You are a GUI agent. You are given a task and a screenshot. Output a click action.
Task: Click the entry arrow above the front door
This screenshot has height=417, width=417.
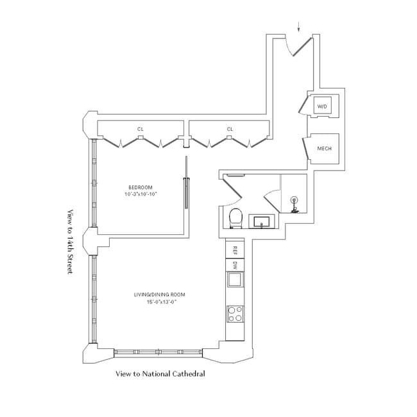point(298,27)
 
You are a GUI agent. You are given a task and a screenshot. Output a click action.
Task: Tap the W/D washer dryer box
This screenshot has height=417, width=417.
point(321,106)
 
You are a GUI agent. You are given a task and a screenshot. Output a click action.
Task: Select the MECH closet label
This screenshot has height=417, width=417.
point(324,149)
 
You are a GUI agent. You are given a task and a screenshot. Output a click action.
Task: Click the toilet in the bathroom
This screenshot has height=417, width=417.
point(235,217)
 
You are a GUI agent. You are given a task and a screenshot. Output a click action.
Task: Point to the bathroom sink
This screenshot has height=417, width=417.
point(261,222)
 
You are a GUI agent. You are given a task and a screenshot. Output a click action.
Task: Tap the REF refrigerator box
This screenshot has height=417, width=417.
point(235,250)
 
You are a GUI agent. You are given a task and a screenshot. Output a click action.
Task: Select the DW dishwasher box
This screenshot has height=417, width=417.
point(235,264)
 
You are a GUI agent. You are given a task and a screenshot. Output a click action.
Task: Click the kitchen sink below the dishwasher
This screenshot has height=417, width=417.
point(235,280)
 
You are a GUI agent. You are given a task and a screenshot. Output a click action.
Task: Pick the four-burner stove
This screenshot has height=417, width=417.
point(235,314)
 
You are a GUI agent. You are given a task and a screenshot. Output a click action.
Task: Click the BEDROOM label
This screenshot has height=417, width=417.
point(139,187)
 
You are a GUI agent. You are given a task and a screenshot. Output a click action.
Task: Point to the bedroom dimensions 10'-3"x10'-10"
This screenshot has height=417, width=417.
point(140,194)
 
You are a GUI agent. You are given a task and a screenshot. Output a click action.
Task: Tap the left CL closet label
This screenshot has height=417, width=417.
point(140,129)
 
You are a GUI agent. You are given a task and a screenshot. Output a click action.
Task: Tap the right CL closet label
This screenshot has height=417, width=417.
point(230,129)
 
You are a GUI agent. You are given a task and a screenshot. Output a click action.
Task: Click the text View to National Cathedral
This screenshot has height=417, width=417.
point(160,373)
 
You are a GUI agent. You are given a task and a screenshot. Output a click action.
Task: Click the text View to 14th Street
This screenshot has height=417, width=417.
point(71,242)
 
